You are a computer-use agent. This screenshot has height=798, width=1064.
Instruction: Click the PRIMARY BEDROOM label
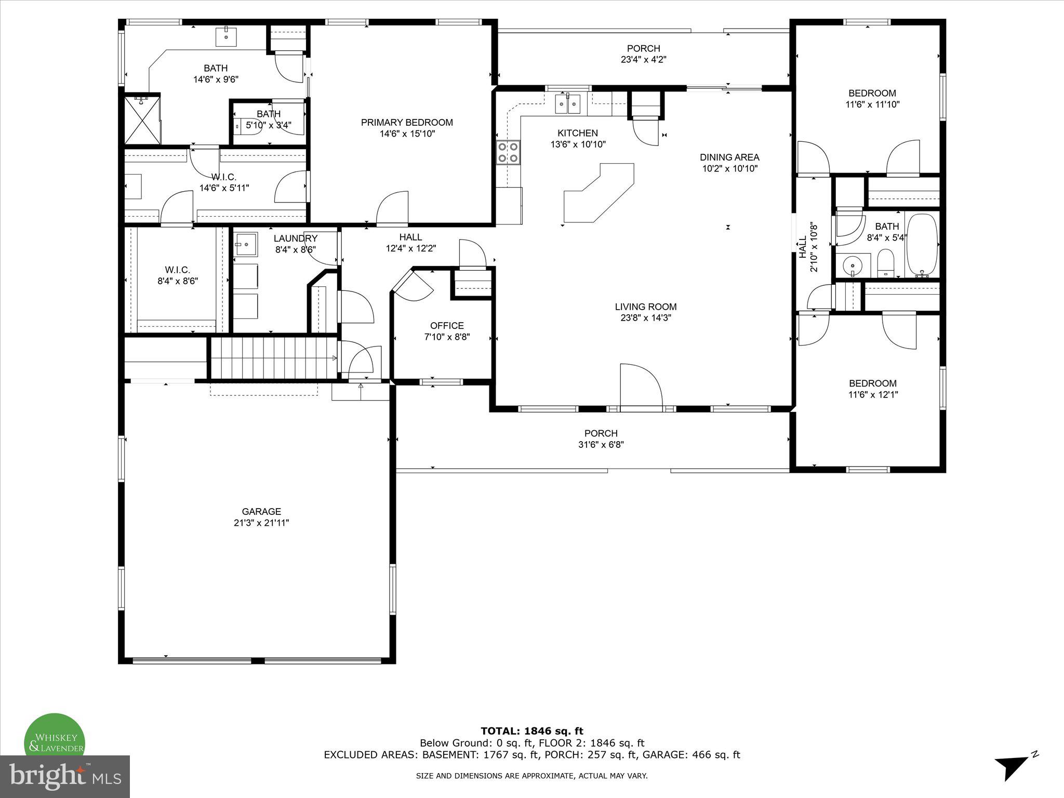(x=407, y=123)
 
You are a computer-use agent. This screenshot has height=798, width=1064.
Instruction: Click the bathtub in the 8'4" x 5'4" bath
(x=922, y=245)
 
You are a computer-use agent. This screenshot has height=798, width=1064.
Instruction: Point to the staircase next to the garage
(x=273, y=358)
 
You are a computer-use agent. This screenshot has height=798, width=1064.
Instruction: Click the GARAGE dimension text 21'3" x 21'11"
(x=261, y=523)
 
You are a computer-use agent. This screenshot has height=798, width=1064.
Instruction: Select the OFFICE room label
(x=447, y=326)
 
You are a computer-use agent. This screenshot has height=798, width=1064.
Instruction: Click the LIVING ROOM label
(x=646, y=307)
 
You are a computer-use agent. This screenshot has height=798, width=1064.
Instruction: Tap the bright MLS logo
(x=65, y=776)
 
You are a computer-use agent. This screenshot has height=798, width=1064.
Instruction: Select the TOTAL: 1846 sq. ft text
(x=531, y=731)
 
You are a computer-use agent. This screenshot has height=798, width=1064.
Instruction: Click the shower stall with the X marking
(x=142, y=119)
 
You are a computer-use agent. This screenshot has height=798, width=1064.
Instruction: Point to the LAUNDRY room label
(x=295, y=238)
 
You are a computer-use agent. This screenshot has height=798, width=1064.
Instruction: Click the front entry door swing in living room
(x=641, y=387)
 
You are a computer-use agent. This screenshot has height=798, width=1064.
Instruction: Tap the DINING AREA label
(x=729, y=157)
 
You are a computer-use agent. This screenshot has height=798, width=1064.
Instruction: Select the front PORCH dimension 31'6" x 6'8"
(x=601, y=445)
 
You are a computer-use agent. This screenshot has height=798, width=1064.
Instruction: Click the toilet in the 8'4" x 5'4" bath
(x=884, y=263)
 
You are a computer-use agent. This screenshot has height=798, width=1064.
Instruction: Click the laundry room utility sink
(x=245, y=244)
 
